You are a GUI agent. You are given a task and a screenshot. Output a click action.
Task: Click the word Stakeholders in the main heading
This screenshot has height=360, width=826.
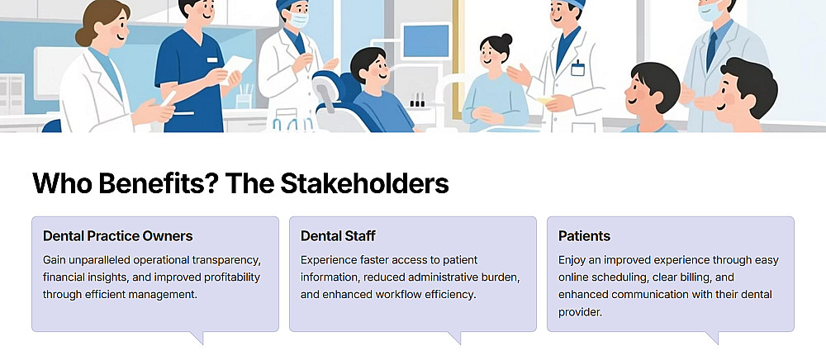click(364, 183)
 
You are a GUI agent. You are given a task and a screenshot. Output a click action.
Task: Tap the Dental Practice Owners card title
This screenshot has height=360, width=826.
click(118, 236)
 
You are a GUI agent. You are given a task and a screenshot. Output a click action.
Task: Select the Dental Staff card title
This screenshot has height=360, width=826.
click(338, 236)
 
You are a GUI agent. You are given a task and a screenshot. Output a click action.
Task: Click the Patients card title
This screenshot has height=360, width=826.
click(584, 236)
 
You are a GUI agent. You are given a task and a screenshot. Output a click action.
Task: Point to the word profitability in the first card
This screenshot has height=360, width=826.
click(230, 277)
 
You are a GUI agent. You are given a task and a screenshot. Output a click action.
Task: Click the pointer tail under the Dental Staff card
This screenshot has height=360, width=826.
click(454, 338)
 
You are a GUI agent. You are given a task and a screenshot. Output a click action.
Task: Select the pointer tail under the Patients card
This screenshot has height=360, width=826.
click(712, 338)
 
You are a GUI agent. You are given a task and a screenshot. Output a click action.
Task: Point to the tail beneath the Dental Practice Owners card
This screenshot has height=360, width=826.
click(197, 338)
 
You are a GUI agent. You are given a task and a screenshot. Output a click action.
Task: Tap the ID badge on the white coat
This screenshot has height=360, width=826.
click(577, 69)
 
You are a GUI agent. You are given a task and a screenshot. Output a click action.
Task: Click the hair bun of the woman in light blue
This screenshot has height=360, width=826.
click(507, 40)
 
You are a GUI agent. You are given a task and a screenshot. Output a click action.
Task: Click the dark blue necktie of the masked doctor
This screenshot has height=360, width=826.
click(712, 50)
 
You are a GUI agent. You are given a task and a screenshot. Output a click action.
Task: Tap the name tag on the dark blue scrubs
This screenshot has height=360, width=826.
click(212, 60)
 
